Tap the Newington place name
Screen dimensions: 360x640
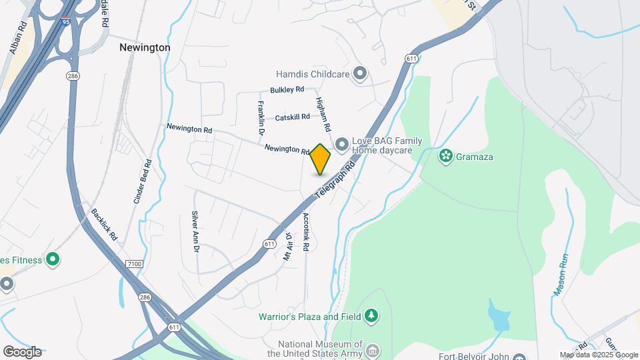tap(145, 48)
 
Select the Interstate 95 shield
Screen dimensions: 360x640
tap(65, 23)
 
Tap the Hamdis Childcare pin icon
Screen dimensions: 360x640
tap(360, 74)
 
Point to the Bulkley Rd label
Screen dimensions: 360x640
tap(287, 89)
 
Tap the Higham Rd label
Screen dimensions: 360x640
tap(323, 113)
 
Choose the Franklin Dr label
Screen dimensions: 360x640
tap(261, 118)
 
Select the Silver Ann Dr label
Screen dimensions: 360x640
tap(195, 232)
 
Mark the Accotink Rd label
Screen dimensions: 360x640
tap(305, 231)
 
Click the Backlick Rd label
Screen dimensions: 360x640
tap(105, 225)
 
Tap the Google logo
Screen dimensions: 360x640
tap(22, 352)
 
